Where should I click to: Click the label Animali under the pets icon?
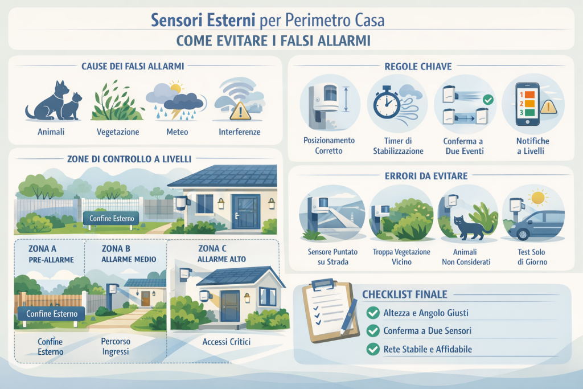click(x=51, y=132)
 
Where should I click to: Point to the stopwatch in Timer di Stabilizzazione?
click(x=387, y=105)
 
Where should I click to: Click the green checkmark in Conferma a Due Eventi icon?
click(x=487, y=100)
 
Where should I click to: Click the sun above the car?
click(x=538, y=198)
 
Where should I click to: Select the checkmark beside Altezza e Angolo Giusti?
click(x=373, y=312)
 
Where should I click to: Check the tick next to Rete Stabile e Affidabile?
click(x=373, y=349)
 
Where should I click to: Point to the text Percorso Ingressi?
click(x=116, y=346)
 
